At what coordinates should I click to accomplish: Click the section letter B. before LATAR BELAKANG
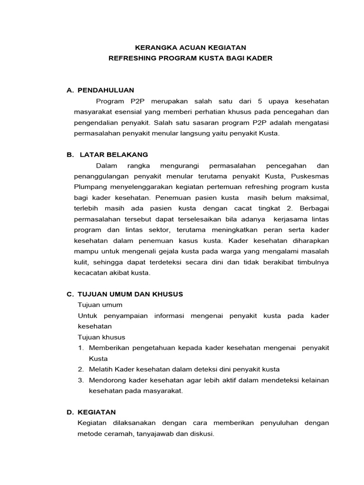70,154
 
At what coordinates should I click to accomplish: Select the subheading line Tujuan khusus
101,337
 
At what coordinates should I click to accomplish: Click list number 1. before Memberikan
81,348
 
